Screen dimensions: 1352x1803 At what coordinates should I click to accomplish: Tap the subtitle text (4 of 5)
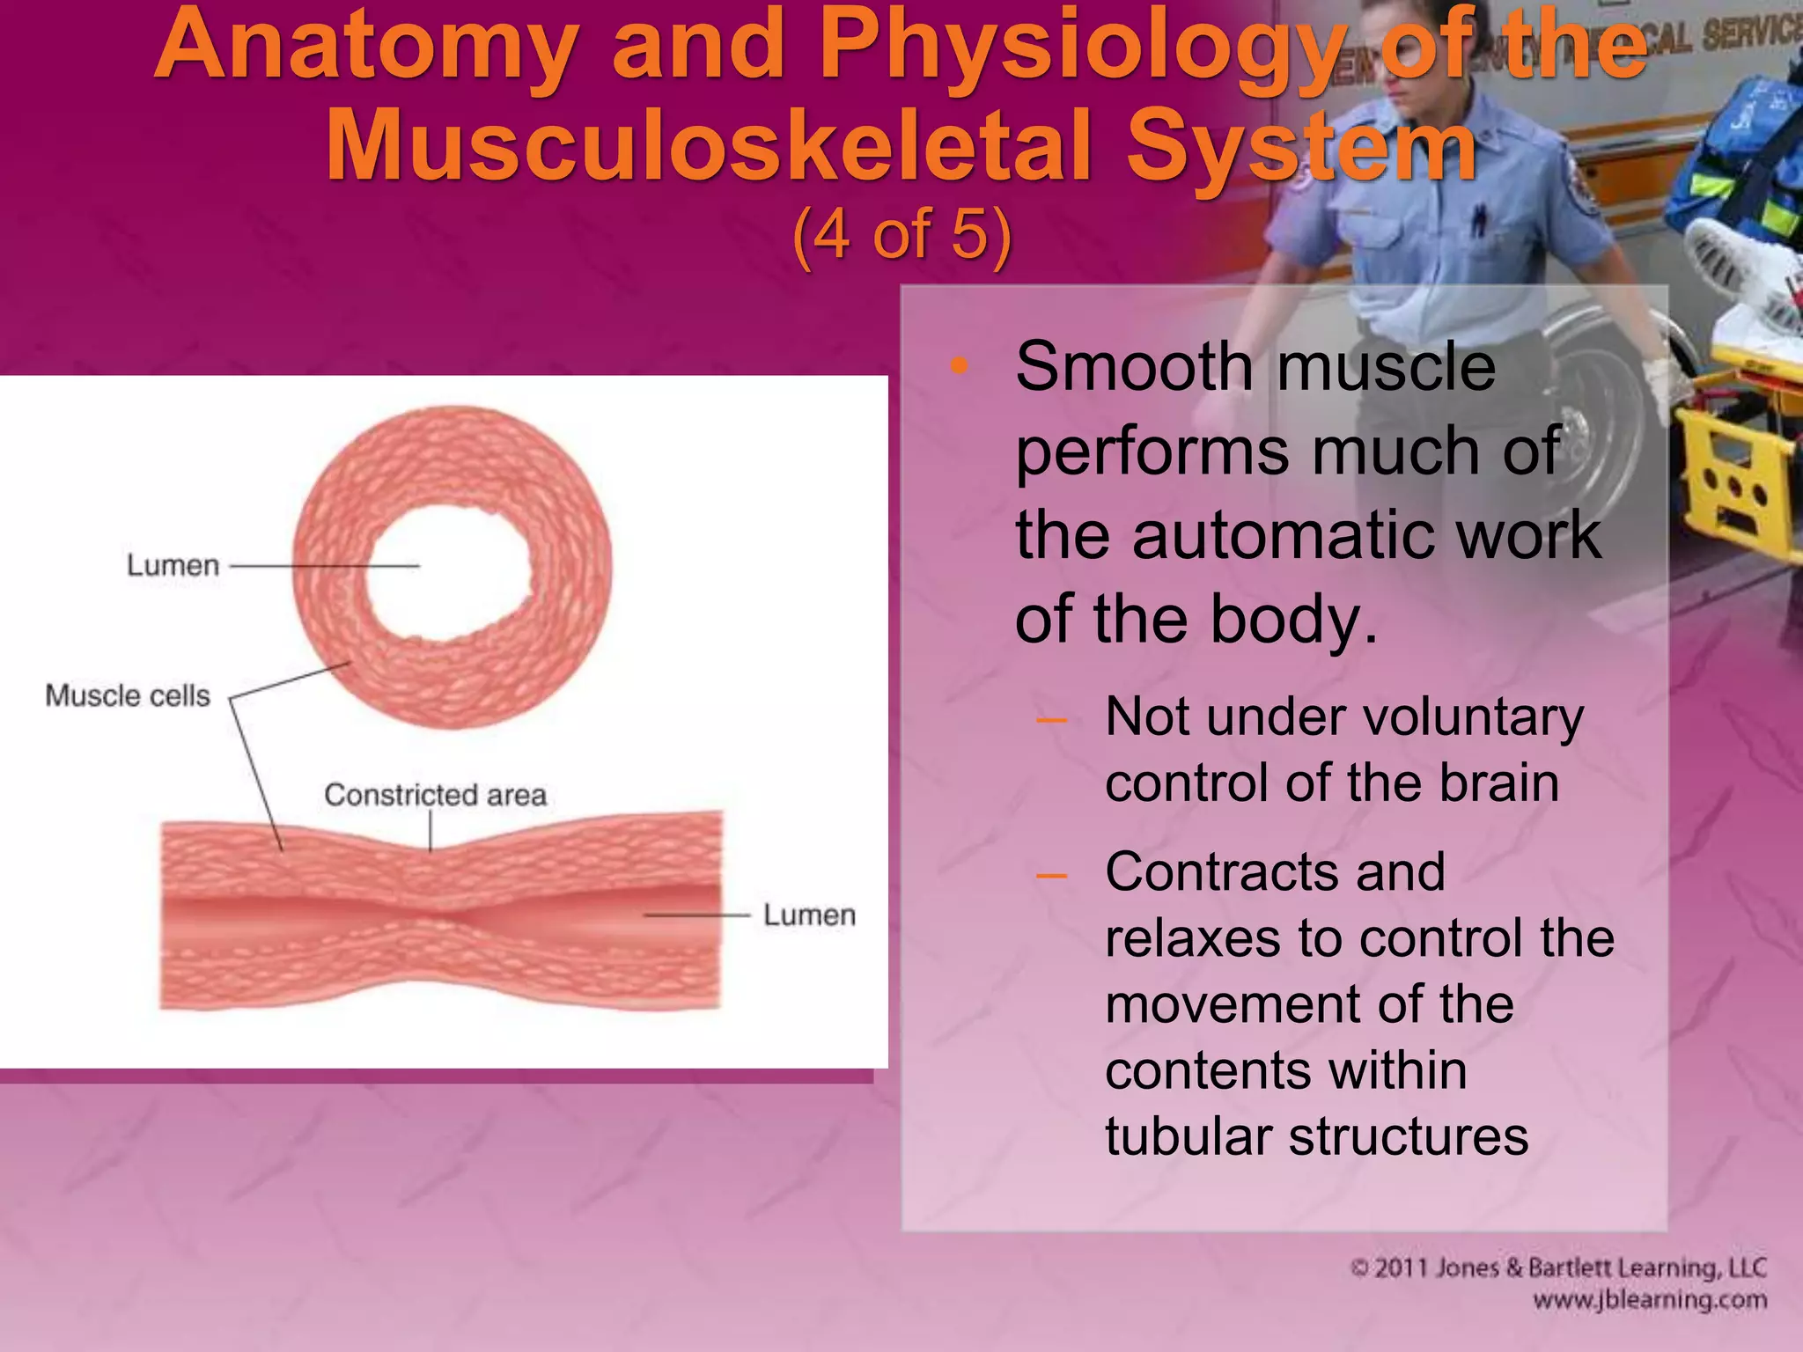pos(901,235)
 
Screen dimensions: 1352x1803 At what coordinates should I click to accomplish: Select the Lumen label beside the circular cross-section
pos(173,565)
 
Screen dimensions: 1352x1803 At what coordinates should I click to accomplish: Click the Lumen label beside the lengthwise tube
pos(809,915)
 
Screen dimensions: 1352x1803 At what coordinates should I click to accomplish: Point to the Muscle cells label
pos(128,695)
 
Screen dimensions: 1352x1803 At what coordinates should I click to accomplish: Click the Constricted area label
pos(435,795)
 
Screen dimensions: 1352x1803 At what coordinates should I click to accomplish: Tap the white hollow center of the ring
pos(449,572)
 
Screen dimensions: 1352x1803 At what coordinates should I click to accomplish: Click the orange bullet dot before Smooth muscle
pos(959,365)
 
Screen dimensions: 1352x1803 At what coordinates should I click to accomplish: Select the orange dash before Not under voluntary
pos(1051,720)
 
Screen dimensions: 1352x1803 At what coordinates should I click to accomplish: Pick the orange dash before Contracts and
pos(1051,875)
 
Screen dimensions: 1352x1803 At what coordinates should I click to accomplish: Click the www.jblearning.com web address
pos(1649,1300)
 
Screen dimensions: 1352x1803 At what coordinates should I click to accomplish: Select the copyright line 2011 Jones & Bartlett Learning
pos(1558,1267)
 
